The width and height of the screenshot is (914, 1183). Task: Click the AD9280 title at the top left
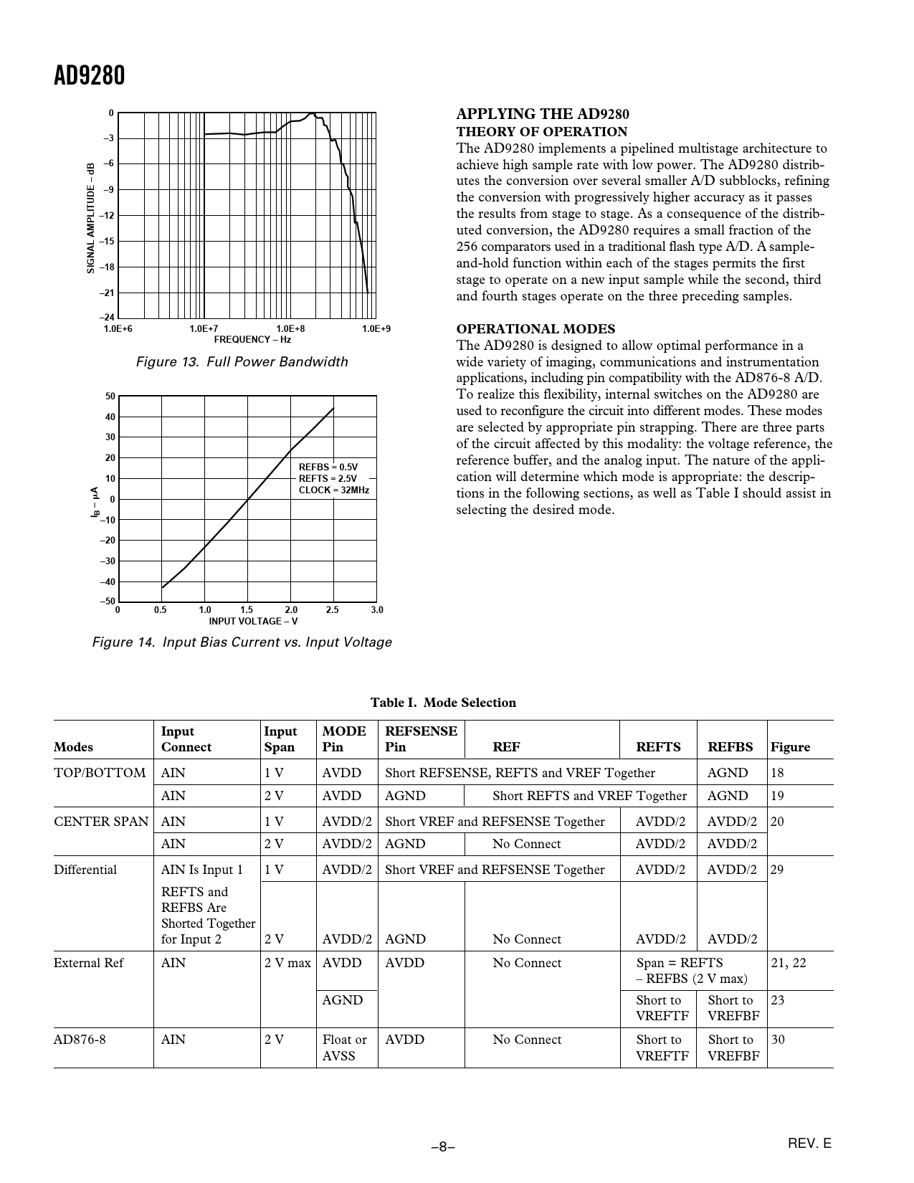click(x=90, y=75)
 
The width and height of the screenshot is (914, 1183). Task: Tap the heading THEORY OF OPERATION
click(x=542, y=132)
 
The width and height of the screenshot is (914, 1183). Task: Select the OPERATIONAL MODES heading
click(x=535, y=329)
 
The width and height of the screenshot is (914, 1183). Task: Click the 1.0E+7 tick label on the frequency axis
click(x=204, y=328)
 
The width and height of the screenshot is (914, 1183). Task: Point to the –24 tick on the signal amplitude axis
click(x=107, y=318)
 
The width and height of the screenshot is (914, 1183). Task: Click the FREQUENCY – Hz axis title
click(x=252, y=339)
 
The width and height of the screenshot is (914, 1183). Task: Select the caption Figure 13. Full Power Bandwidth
click(x=242, y=362)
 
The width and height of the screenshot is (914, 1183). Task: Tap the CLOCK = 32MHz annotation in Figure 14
click(x=334, y=490)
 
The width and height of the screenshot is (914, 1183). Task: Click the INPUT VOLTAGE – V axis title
click(x=253, y=621)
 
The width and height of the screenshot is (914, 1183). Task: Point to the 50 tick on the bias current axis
click(x=110, y=396)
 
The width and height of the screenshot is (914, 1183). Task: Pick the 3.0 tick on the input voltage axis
click(x=377, y=609)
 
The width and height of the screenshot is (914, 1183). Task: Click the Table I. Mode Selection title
click(x=443, y=703)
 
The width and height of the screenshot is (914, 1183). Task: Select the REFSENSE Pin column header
click(x=421, y=739)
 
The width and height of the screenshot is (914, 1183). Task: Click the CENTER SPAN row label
click(x=101, y=822)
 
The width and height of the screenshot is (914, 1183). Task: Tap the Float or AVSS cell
click(x=345, y=1047)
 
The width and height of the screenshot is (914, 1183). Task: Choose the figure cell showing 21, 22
click(x=789, y=963)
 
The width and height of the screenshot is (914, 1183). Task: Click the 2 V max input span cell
click(x=287, y=963)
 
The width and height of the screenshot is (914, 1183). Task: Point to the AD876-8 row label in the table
click(x=80, y=1040)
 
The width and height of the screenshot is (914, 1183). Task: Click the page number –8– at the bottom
click(x=443, y=1146)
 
